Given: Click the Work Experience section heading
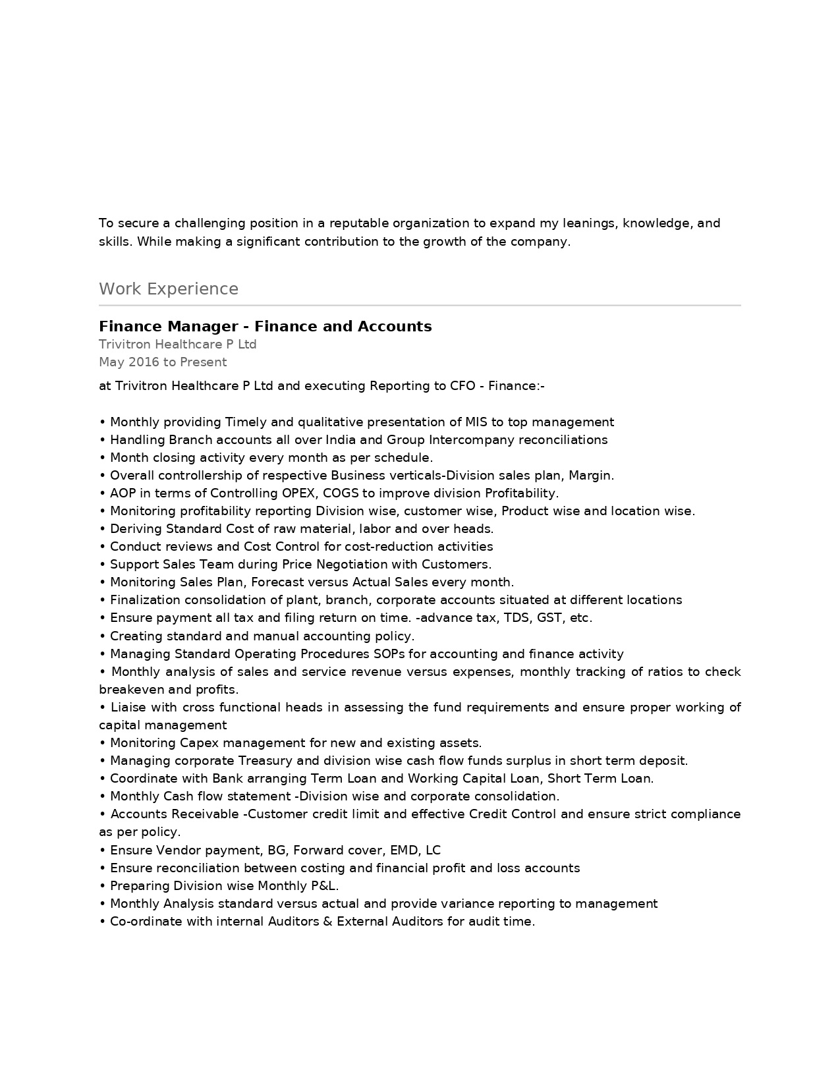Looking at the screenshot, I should (169, 289).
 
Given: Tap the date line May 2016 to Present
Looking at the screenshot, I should (163, 362).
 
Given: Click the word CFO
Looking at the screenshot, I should (462, 386).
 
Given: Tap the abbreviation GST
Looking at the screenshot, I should (550, 618).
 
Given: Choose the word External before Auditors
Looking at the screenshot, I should (362, 922).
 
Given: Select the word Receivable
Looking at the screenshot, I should (206, 814).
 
